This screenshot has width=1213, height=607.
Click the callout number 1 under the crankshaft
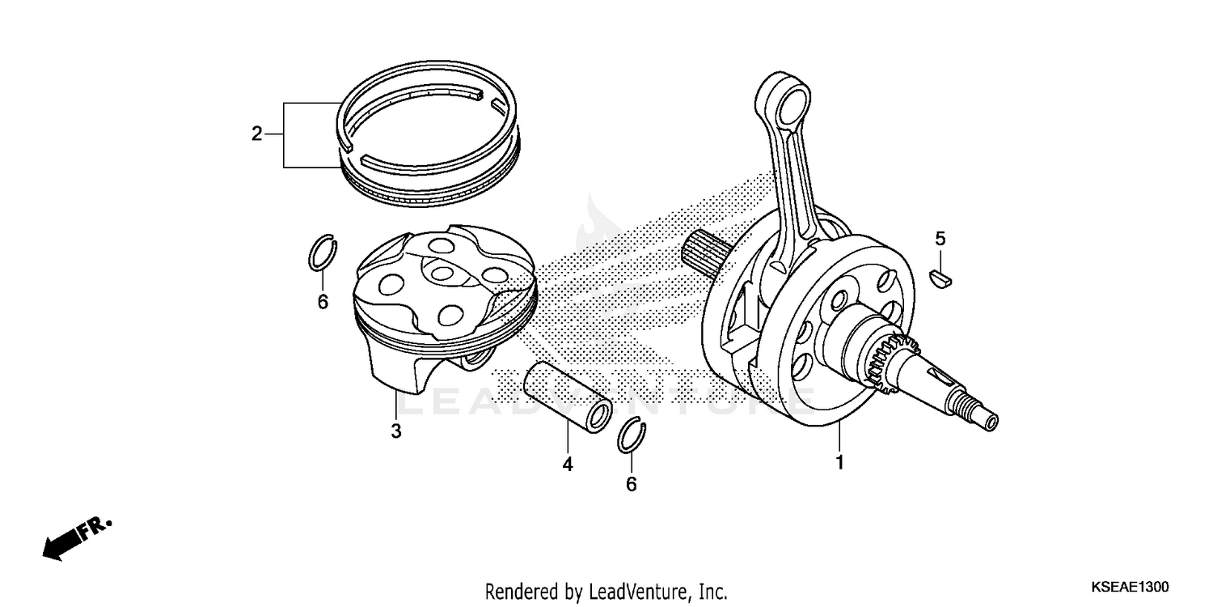(x=839, y=463)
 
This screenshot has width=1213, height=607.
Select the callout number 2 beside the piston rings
(x=257, y=134)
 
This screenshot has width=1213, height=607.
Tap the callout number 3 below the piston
(x=396, y=431)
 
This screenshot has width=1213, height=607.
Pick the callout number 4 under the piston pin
(x=568, y=465)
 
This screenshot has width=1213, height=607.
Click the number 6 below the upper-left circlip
(x=322, y=303)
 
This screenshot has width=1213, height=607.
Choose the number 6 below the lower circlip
(x=632, y=484)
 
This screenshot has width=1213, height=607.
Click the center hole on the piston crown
(x=442, y=274)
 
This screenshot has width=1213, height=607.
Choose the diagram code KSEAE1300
(x=1129, y=587)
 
